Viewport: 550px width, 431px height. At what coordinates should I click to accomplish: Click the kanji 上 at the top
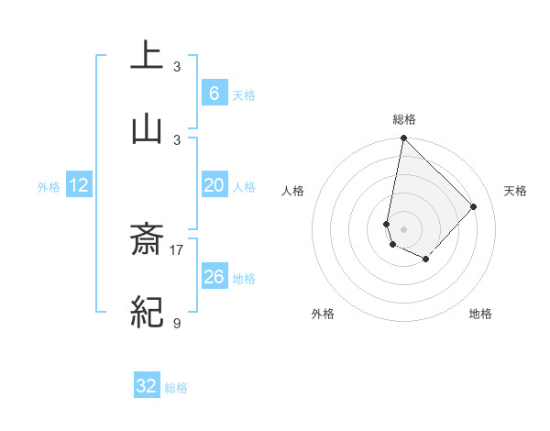[147, 55]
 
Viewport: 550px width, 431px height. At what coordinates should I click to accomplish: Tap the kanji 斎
[147, 240]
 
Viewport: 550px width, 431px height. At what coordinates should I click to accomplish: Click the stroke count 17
[177, 249]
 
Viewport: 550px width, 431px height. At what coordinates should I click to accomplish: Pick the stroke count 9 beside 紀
[177, 322]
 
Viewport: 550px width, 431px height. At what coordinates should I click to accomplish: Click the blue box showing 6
[214, 94]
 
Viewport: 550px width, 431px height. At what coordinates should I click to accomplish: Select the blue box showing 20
[214, 185]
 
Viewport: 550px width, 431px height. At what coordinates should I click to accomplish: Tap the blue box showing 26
[214, 277]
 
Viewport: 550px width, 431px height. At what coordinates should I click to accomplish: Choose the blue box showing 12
[79, 185]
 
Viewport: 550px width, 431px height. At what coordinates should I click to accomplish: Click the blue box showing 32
[147, 386]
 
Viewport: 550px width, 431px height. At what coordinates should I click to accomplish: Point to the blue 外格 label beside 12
[49, 187]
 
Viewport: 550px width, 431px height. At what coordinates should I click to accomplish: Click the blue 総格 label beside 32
[176, 388]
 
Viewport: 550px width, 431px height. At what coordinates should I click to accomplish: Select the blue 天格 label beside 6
[244, 95]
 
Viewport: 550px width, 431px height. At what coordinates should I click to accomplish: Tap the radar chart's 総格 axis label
[404, 119]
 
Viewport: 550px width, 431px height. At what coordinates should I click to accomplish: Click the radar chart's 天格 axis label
[516, 191]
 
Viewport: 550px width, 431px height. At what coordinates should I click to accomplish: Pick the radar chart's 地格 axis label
[480, 314]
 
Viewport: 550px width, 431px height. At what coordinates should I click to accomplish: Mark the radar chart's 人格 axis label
[293, 191]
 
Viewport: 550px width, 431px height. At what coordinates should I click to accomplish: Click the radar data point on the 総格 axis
[403, 138]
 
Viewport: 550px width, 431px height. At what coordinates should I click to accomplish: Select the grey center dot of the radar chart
[403, 227]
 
